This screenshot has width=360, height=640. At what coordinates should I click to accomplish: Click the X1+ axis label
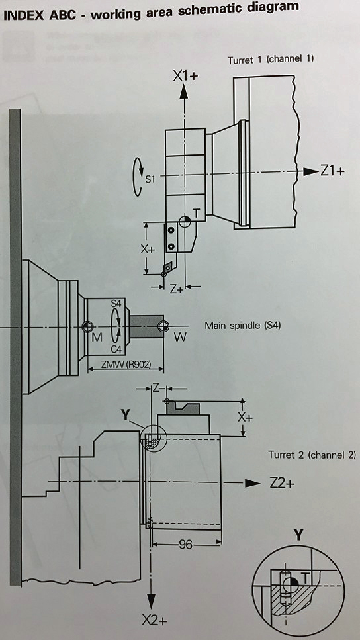pos(185,76)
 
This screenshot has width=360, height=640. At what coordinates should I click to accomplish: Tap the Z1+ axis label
pos(332,171)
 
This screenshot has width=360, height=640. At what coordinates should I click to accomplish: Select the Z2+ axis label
pos(282,483)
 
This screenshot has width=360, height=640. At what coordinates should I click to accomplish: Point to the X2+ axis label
pos(155,621)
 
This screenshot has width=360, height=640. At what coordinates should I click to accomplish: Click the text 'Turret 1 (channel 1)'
pos(271,60)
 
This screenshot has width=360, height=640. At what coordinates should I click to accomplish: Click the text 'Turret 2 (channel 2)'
pos(312,455)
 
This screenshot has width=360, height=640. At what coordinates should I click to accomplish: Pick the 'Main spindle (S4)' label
pos(243,326)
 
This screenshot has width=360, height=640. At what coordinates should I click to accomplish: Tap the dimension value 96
pos(185,544)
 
